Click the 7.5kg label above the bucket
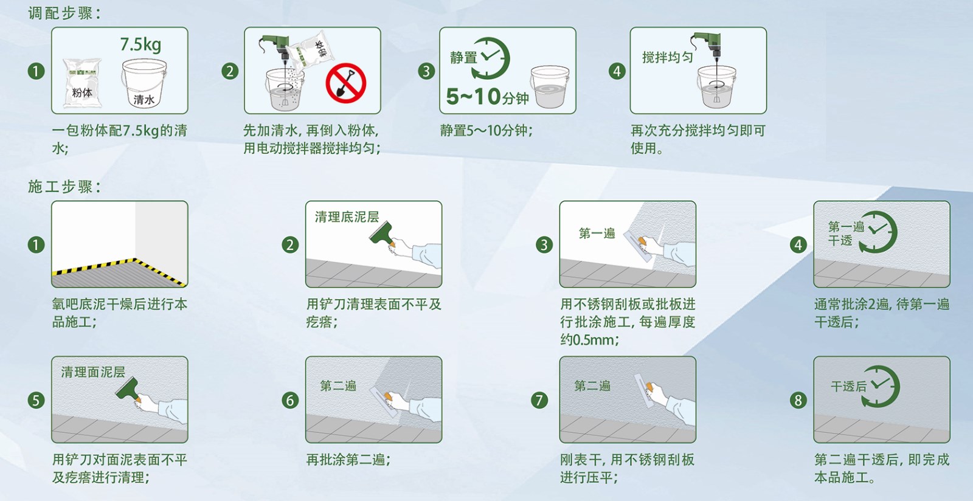coord(140,44)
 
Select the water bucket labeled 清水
coord(144,84)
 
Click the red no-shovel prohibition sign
coord(345,83)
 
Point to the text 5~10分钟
coord(487,96)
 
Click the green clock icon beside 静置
coord(491,58)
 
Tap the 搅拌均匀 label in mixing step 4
coord(667,57)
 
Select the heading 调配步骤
coord(64,13)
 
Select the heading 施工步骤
coord(64,187)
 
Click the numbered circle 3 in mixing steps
coord(426,71)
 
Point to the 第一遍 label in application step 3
coord(597,233)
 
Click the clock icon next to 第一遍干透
coord(879,232)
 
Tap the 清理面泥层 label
coord(92,371)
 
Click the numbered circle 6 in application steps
coord(290,400)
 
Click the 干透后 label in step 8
coord(848,386)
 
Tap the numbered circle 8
coord(798,400)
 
